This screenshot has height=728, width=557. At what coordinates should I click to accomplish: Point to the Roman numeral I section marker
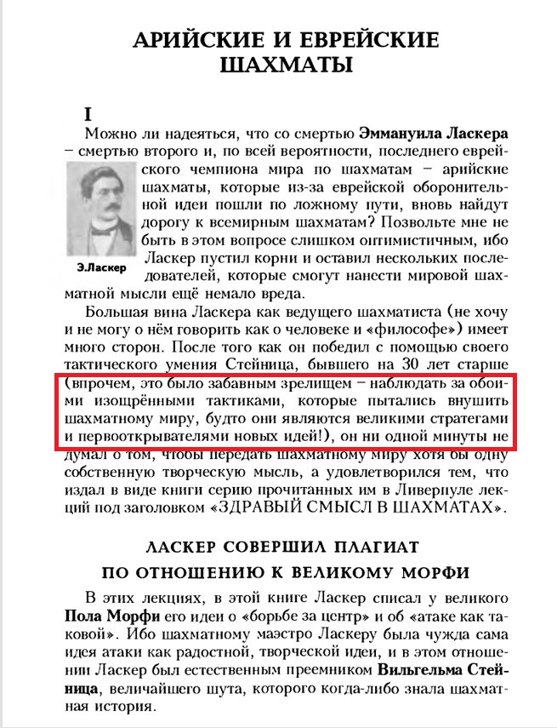[x=88, y=113]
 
